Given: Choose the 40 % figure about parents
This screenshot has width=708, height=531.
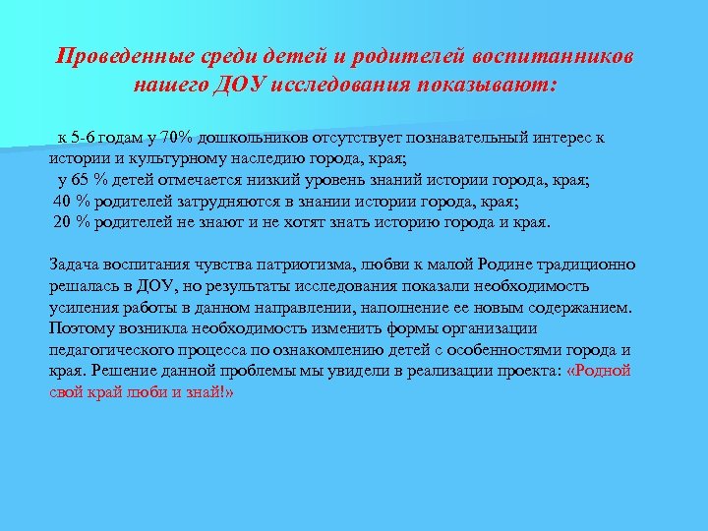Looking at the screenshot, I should click(71, 201).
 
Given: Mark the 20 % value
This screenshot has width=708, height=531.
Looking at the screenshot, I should click(71, 221).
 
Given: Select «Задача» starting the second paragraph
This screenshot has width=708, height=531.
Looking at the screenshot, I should click(75, 264).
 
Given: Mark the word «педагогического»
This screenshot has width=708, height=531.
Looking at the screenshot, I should click(112, 349).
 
